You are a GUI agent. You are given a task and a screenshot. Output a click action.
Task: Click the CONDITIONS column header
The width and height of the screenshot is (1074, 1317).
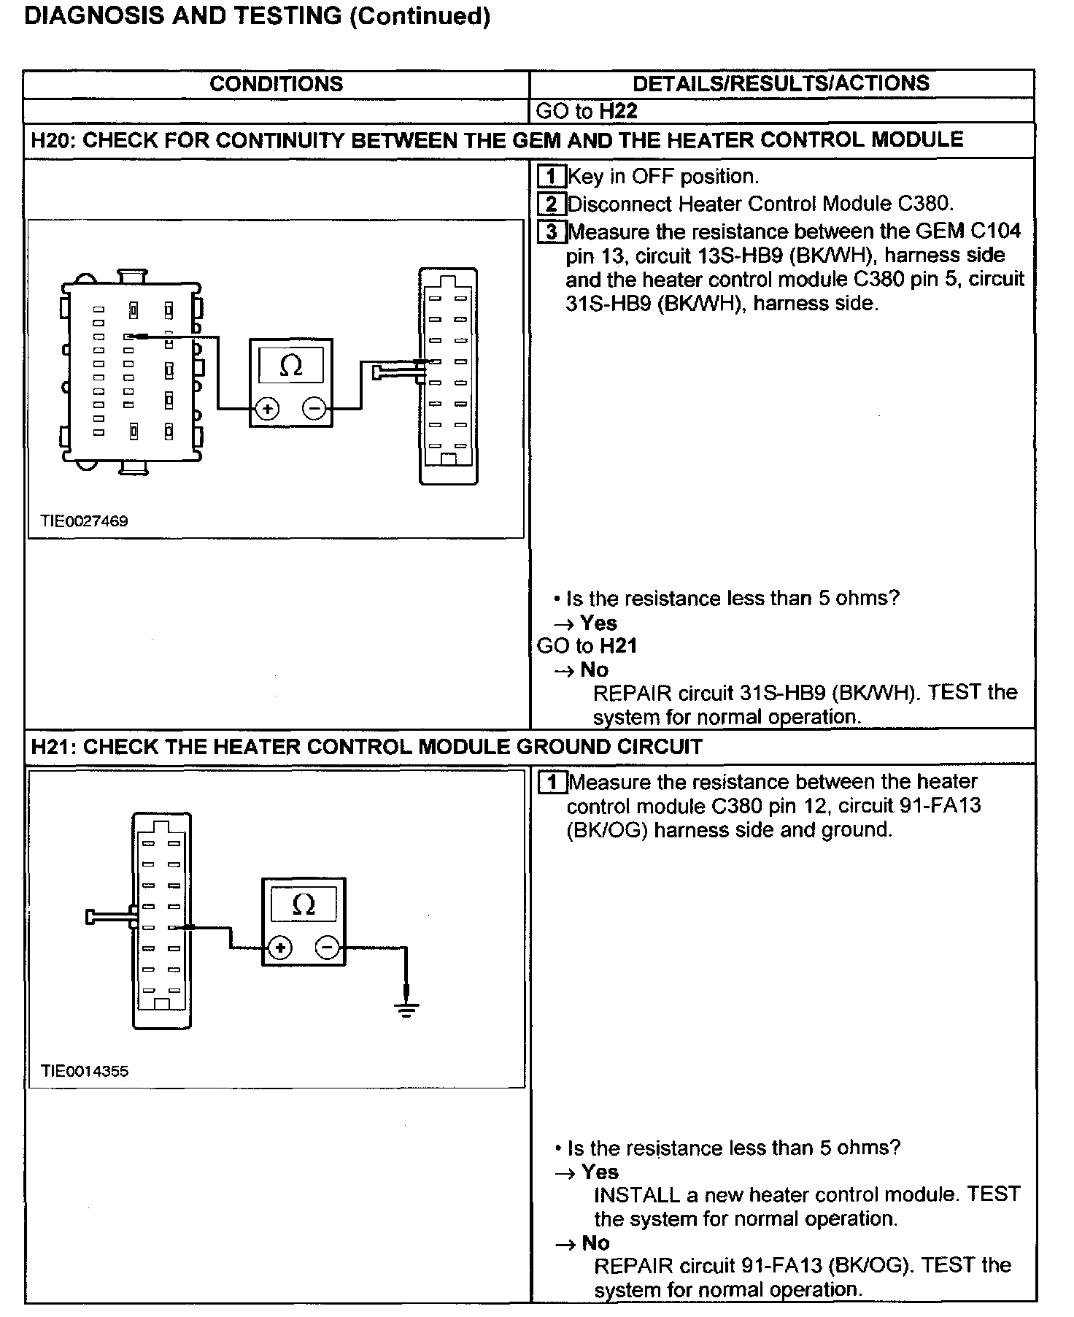(x=276, y=84)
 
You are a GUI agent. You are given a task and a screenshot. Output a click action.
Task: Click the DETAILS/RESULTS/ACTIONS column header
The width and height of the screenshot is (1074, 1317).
(x=781, y=83)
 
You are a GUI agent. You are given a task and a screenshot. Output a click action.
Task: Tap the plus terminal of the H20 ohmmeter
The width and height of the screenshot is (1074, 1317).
(x=267, y=408)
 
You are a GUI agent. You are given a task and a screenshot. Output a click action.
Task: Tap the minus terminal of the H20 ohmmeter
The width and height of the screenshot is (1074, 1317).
(x=314, y=408)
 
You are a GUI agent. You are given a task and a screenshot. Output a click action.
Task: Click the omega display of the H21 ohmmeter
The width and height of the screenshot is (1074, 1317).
(x=303, y=905)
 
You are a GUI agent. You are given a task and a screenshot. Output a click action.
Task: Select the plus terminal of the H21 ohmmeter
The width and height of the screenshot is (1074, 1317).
(x=279, y=948)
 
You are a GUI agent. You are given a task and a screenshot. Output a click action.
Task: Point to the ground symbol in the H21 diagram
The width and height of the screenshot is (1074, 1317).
(x=406, y=1010)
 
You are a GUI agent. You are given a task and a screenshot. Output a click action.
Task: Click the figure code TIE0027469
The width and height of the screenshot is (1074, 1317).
(x=84, y=521)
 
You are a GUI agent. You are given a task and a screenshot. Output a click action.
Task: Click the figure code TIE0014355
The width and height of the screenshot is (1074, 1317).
(x=85, y=1071)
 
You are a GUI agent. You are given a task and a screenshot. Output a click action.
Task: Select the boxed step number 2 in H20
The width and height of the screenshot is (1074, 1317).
(x=552, y=204)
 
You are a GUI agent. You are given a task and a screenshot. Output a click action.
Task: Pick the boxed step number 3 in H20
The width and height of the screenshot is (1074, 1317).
(x=552, y=232)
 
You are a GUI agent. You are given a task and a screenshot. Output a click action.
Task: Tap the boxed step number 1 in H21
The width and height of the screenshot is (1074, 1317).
(x=552, y=783)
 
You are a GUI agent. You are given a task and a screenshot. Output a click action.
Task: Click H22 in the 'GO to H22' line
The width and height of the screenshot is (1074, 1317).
(x=618, y=111)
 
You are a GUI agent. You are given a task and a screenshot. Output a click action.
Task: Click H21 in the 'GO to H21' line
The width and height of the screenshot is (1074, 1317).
(x=618, y=646)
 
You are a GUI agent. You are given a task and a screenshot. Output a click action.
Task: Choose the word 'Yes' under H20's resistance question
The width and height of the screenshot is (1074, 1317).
(x=598, y=623)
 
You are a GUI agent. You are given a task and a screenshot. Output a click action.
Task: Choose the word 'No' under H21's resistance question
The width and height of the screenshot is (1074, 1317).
(x=595, y=1243)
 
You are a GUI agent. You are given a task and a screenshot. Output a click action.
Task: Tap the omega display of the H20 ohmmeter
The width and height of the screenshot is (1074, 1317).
(x=290, y=365)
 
